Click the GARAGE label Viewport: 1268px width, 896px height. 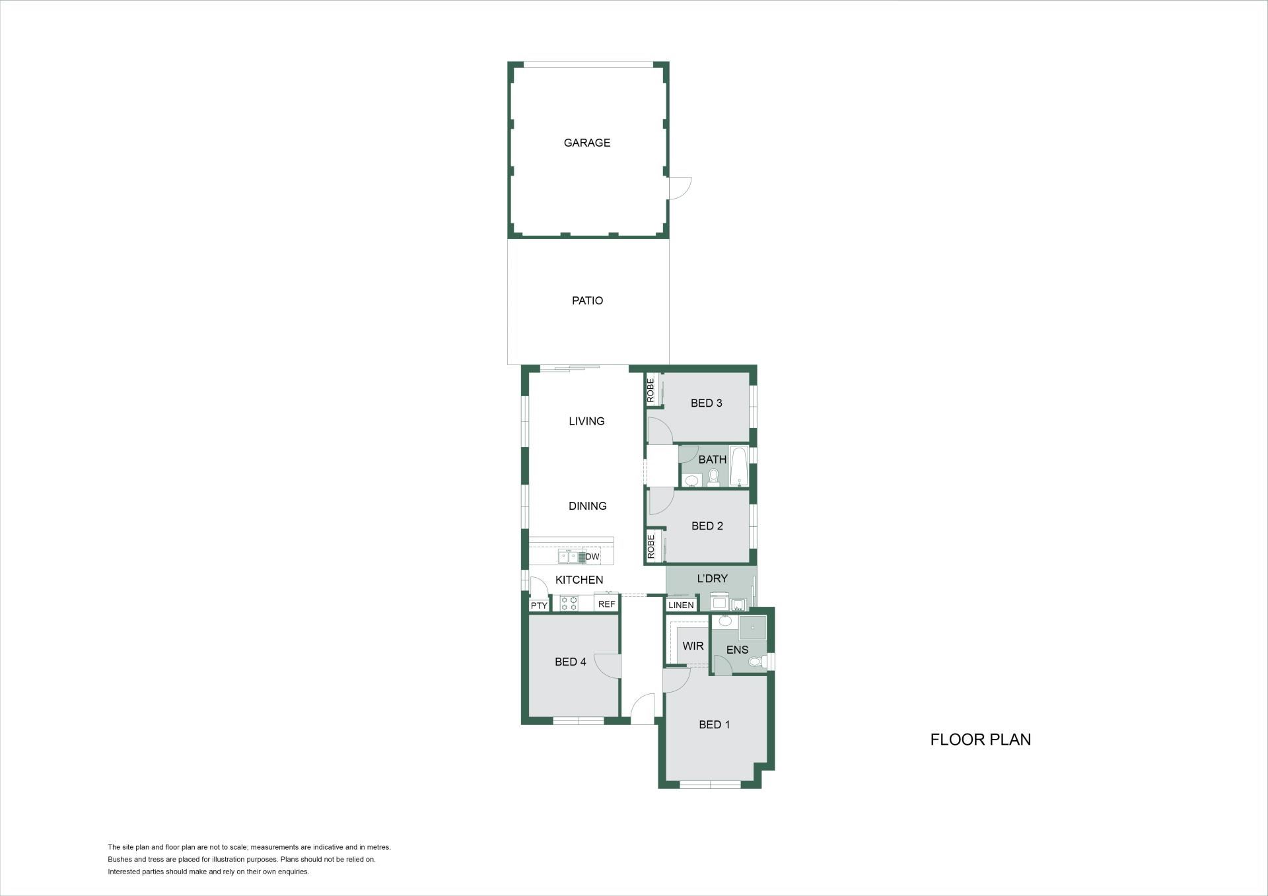tap(586, 143)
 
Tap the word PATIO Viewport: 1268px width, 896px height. tap(587, 300)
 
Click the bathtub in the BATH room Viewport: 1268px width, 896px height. tap(739, 466)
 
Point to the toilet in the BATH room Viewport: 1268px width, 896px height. tap(713, 477)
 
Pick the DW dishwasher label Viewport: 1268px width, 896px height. tap(592, 557)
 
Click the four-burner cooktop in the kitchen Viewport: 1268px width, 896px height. tap(569, 603)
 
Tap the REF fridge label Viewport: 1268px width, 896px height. tap(606, 604)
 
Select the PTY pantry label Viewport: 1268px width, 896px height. tap(539, 605)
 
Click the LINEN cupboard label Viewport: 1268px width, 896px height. tap(681, 605)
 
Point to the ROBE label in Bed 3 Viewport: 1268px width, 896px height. tap(651, 390)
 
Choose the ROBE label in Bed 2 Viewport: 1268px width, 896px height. tap(651, 547)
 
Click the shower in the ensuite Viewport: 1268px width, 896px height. tap(752, 628)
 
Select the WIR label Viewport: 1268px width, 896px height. tap(693, 646)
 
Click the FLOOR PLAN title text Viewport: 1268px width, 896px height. tap(981, 740)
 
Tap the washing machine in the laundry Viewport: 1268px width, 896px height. tap(719, 602)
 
